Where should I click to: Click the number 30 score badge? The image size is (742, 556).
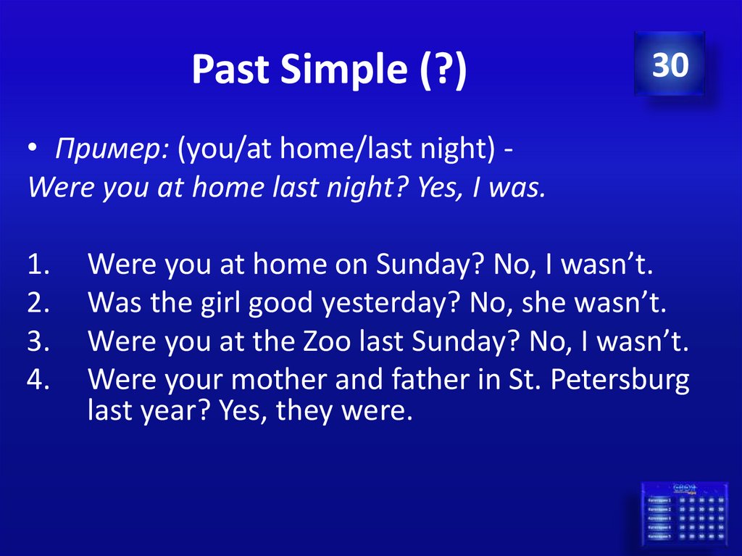click(x=669, y=65)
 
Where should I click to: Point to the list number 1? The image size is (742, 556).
click(x=38, y=265)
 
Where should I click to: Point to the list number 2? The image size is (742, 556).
click(x=38, y=303)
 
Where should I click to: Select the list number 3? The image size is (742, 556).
click(x=38, y=341)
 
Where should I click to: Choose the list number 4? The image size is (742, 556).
click(x=38, y=380)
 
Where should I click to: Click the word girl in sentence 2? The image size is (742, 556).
click(x=219, y=304)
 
